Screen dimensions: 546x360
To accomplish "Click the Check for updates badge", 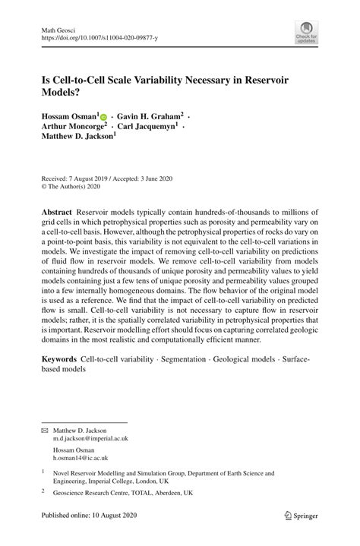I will pos(306,34).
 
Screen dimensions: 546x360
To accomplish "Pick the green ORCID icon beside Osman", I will pos(103,118).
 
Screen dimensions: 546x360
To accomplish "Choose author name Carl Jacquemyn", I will pos(150,128).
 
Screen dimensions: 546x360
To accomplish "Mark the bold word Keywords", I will pos(59,358).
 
